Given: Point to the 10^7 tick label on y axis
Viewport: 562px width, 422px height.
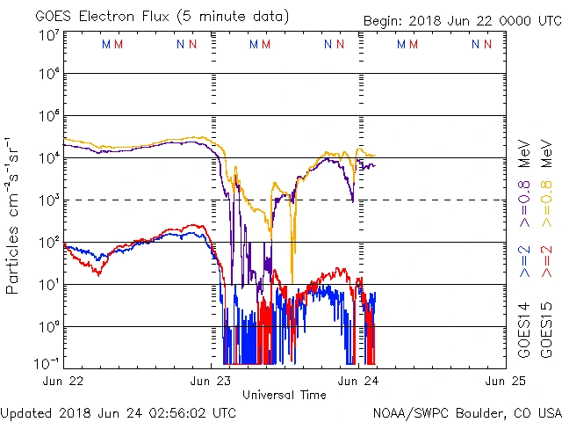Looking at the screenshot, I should pyautogui.click(x=48, y=35).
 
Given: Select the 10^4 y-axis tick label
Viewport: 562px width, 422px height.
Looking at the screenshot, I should pyautogui.click(x=48, y=158).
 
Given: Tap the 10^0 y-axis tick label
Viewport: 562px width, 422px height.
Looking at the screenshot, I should pyautogui.click(x=48, y=327).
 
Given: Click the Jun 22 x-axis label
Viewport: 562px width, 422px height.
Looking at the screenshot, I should pyautogui.click(x=65, y=381).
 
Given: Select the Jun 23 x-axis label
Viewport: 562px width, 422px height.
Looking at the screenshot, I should pyautogui.click(x=212, y=381).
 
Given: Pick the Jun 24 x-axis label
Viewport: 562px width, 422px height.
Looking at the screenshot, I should pyautogui.click(x=358, y=381).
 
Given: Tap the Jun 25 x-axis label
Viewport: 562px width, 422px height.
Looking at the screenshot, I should pyautogui.click(x=504, y=381).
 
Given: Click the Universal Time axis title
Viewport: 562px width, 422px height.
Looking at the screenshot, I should pyautogui.click(x=284, y=395).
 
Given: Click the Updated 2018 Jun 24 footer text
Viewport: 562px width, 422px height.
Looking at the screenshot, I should pyautogui.click(x=118, y=411).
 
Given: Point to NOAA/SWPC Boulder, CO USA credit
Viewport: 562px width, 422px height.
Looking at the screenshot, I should pyautogui.click(x=466, y=411).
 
